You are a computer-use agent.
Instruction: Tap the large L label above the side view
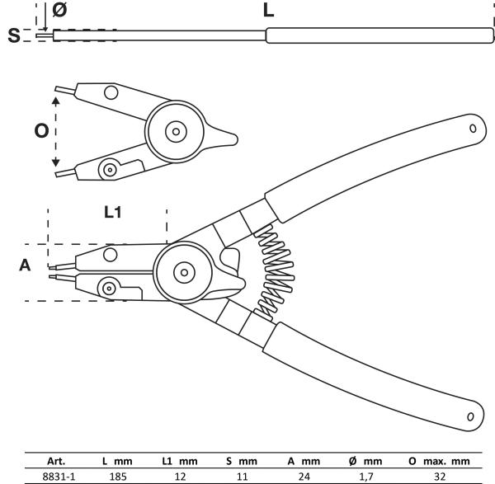pos(269,12)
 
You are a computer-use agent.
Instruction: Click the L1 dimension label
pos(113,212)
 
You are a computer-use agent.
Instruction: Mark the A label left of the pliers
pos(25,265)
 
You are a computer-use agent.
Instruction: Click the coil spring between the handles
pos(271,273)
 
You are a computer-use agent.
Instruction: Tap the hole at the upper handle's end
pos(473,128)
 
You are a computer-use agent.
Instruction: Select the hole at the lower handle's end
pos(469,416)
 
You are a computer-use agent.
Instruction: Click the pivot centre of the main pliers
pos(183,269)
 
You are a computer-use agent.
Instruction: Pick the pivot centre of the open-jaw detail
pos(175,131)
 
